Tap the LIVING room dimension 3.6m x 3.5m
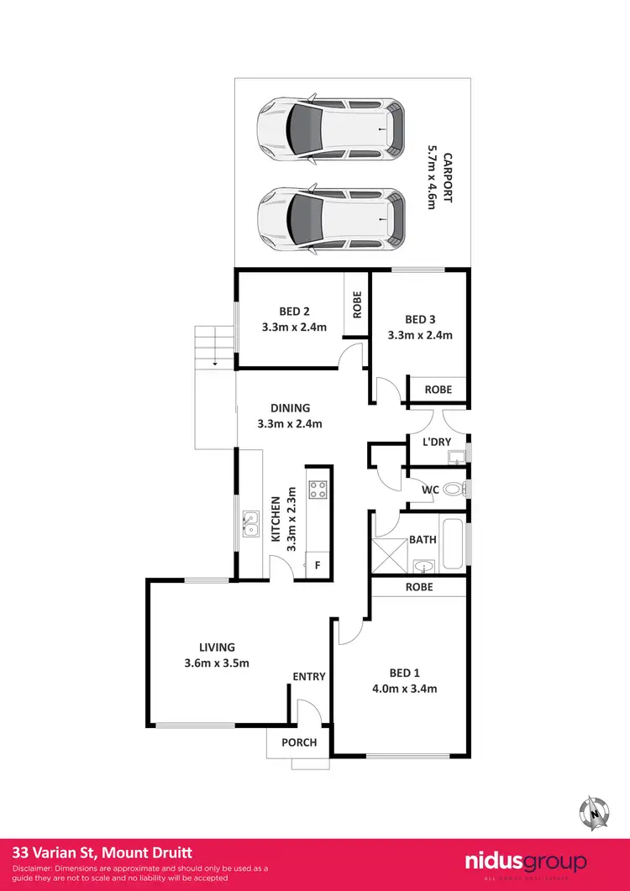(x=217, y=663)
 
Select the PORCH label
(x=299, y=742)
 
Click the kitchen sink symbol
(x=249, y=524)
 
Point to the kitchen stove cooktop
(x=318, y=490)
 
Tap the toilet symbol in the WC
(x=453, y=489)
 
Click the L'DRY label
(x=437, y=442)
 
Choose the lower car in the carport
(x=333, y=218)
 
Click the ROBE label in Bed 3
(x=438, y=390)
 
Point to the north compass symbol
(x=595, y=811)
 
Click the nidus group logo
(x=526, y=863)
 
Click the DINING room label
(x=291, y=408)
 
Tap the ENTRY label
(x=308, y=676)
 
